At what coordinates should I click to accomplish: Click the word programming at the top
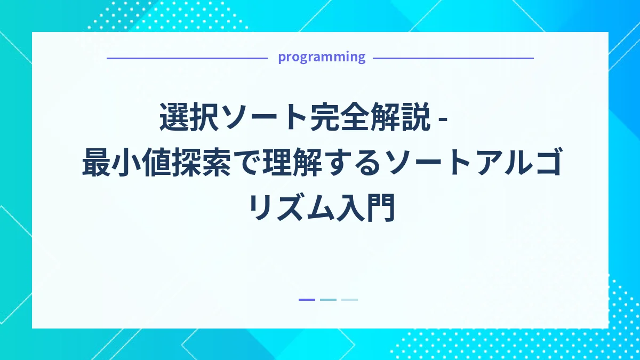click(322, 57)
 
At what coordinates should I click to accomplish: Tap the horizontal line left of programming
click(187, 58)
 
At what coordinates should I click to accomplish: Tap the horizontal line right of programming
click(453, 58)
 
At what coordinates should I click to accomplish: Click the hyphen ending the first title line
click(442, 119)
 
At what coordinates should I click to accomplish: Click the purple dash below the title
click(307, 300)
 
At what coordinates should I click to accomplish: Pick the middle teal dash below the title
click(328, 300)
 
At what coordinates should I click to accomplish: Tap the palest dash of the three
click(349, 300)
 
